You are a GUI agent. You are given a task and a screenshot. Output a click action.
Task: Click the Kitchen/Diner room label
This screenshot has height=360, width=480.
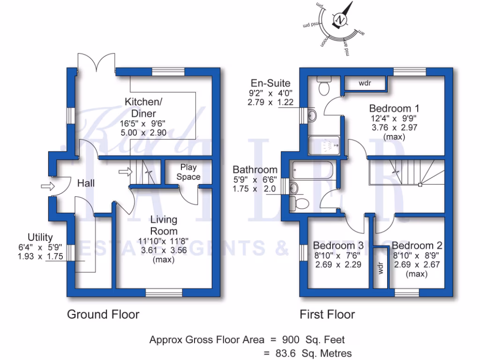tap(140, 107)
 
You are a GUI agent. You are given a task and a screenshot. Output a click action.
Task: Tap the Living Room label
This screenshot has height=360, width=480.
tap(163, 225)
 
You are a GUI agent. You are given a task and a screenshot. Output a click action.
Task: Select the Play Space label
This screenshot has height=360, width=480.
tap(188, 172)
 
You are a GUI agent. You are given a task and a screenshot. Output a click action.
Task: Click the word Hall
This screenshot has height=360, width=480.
tap(86, 183)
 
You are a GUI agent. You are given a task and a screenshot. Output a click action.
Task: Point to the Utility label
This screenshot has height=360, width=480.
tap(40, 237)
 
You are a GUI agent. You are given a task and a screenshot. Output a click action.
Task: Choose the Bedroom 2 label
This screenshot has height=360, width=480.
tap(417, 246)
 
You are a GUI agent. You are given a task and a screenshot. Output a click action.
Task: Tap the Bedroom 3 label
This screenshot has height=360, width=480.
tap(338, 246)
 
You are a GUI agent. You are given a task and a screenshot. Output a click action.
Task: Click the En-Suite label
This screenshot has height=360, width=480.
tap(270, 83)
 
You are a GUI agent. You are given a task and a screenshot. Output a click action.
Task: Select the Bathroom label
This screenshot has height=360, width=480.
tap(255, 170)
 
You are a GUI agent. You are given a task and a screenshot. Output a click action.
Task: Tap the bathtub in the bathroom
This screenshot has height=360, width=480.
tap(313, 170)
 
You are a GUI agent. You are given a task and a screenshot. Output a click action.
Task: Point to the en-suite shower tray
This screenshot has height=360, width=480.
tap(326, 145)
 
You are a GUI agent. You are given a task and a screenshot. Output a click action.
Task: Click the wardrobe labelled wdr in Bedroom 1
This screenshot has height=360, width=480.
tap(365, 83)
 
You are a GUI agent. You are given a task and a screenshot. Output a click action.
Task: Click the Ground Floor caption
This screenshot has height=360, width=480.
tap(103, 314)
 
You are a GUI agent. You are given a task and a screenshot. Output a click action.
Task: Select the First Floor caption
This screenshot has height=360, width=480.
tap(327, 314)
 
